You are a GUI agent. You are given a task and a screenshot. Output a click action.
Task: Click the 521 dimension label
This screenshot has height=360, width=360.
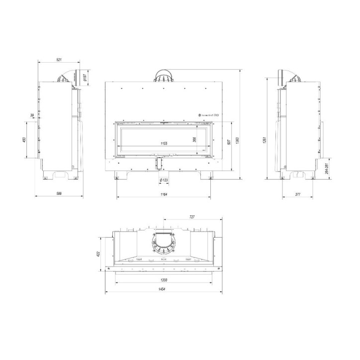pyautogui.click(x=58, y=60)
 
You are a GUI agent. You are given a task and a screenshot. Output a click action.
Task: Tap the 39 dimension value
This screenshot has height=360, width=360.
pyautogui.click(x=32, y=115)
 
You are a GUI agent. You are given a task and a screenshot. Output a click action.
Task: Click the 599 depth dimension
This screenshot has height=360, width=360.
pyautogui.click(x=58, y=193)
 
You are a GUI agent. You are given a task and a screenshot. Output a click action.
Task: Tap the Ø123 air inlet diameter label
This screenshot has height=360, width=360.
pyautogui.click(x=164, y=180)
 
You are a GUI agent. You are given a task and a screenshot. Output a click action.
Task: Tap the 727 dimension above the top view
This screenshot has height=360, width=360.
pyautogui.click(x=192, y=217)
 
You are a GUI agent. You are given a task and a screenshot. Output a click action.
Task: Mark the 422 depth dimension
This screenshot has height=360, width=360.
pyautogui.click(x=98, y=253)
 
